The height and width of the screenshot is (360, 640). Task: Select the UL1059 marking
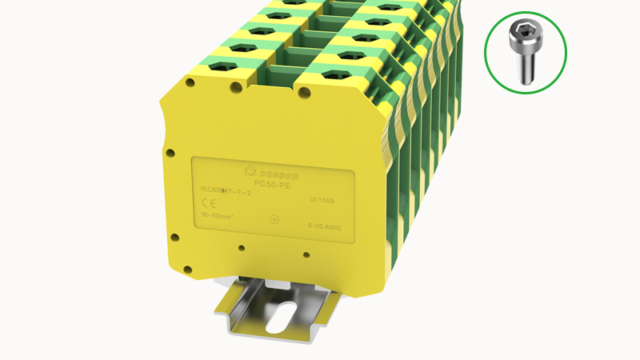322,202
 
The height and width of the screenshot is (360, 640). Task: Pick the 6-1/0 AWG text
326,227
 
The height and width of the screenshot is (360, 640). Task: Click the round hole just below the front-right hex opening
306,92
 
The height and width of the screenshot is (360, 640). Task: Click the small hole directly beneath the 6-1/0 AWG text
307,255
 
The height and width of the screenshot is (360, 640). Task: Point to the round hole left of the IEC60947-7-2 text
170,151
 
